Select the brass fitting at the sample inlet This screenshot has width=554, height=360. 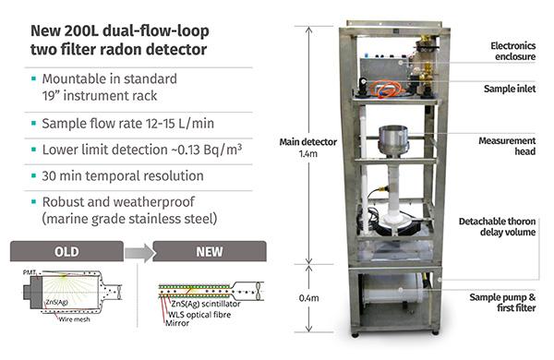(x=426, y=46)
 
